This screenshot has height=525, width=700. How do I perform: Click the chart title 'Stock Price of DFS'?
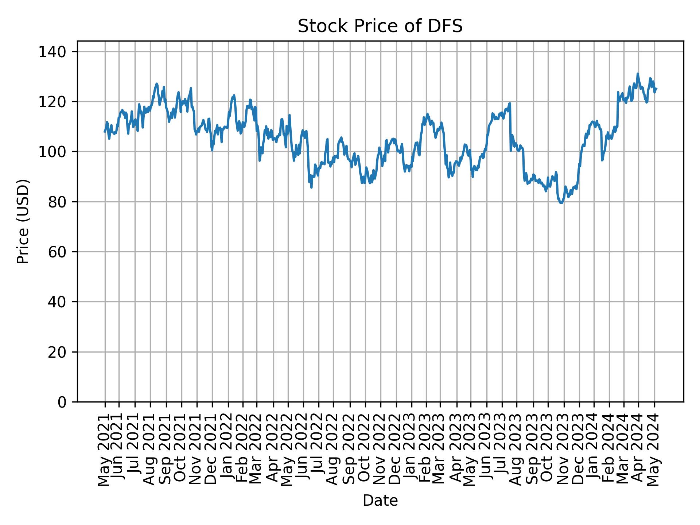[380, 27]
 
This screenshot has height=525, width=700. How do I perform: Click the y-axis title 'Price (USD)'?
[23, 221]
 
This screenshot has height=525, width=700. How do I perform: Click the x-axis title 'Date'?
[380, 501]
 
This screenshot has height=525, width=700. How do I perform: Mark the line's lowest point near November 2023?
[561, 203]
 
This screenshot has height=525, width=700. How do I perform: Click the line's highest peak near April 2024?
[638, 74]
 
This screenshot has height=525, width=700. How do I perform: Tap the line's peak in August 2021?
[156, 83]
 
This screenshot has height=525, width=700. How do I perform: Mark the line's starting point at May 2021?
[105, 132]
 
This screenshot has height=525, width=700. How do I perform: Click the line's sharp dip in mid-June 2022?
[311, 187]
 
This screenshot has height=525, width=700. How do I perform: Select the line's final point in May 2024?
[656, 89]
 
